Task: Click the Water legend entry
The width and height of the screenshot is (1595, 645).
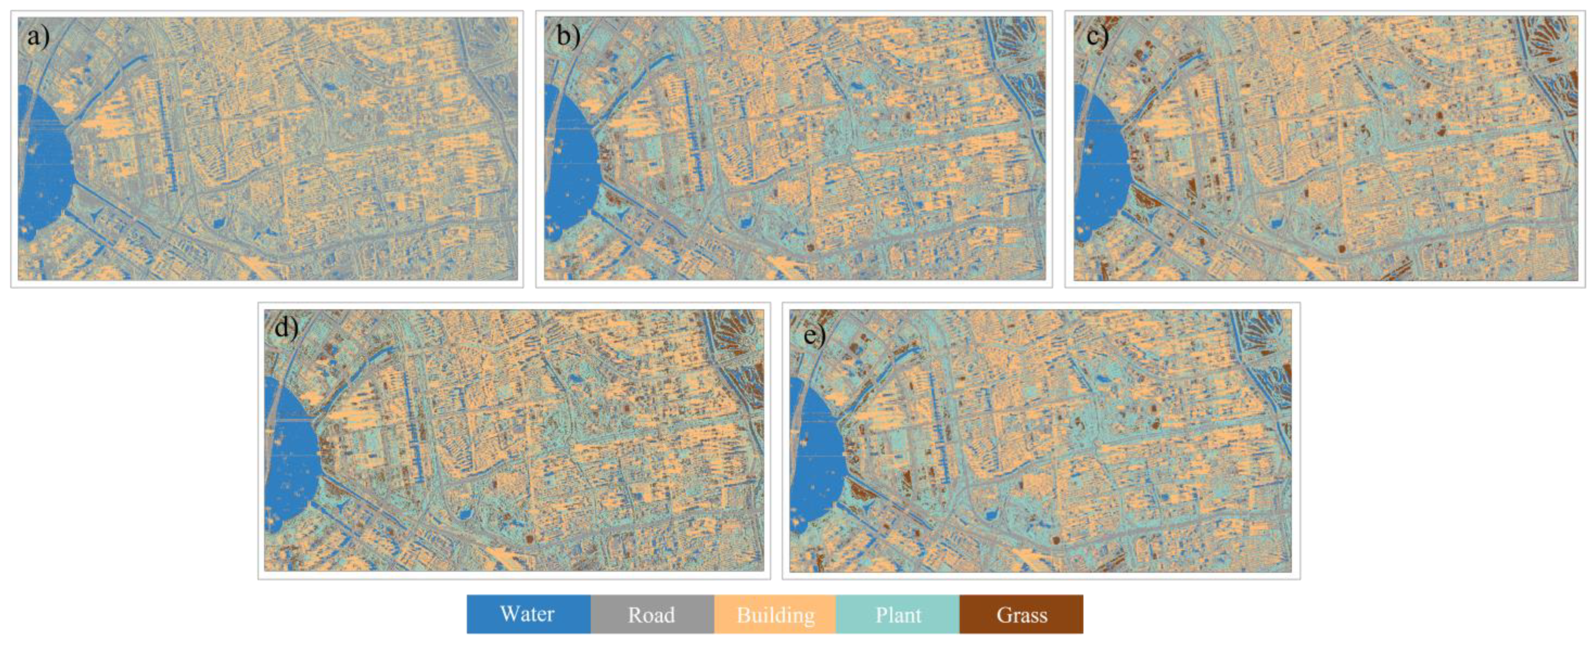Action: click(x=527, y=614)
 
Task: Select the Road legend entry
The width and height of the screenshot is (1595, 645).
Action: click(x=652, y=614)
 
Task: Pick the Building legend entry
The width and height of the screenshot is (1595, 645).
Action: click(x=775, y=614)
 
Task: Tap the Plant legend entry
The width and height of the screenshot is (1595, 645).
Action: click(x=898, y=614)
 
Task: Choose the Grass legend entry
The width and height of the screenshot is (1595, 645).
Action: click(x=1021, y=614)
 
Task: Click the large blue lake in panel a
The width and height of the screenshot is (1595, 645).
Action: click(x=43, y=167)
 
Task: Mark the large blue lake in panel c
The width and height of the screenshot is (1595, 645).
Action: click(x=1099, y=167)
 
